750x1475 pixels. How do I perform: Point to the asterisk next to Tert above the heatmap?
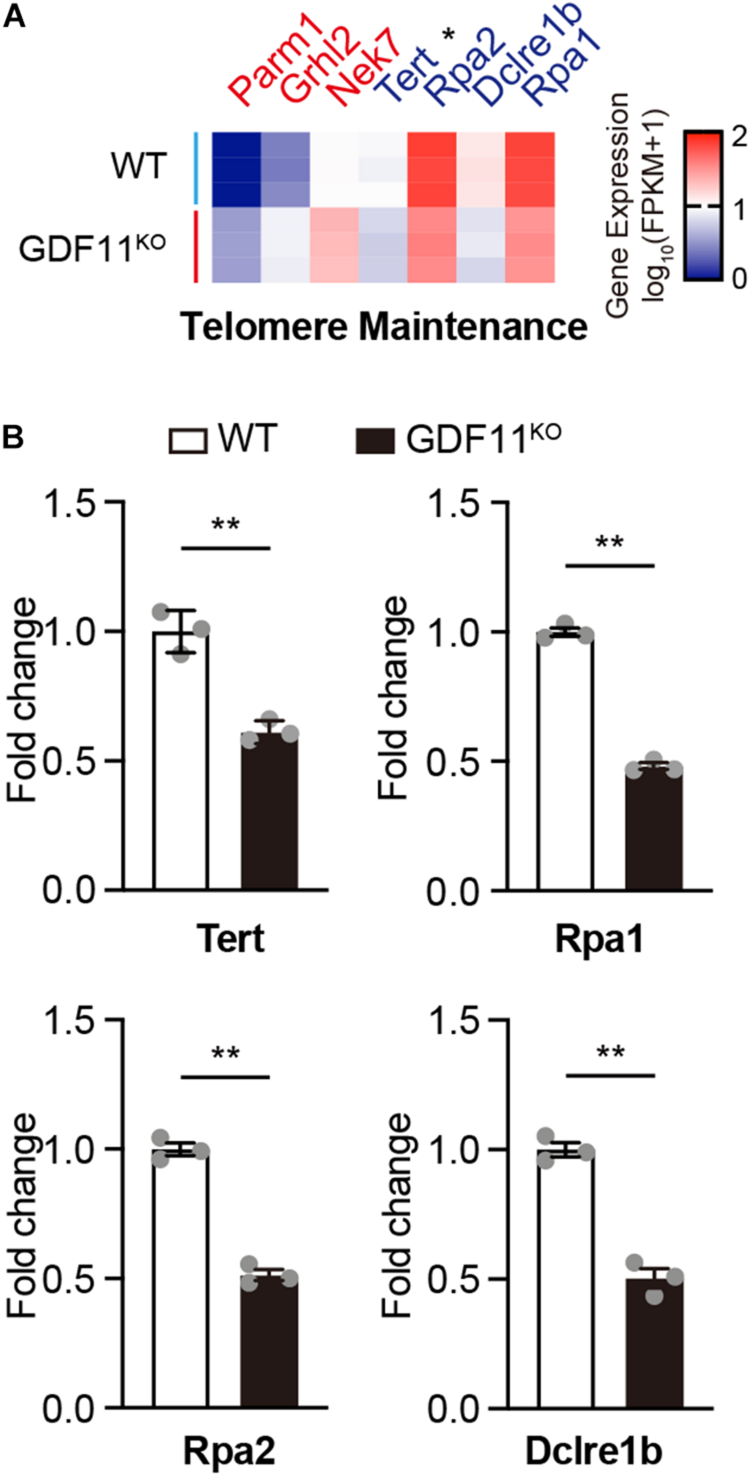tap(448, 35)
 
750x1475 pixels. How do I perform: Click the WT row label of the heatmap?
tap(139, 166)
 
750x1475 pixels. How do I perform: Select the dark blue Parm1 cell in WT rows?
tap(237, 169)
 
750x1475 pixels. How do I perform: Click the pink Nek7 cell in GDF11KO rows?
tap(335, 245)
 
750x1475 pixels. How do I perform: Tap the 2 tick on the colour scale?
tap(738, 137)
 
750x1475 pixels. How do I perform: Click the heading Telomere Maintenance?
tap(384, 326)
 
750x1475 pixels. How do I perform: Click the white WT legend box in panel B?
tap(188, 441)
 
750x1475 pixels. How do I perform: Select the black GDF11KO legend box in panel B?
tap(375, 441)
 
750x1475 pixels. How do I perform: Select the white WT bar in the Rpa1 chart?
tap(565, 761)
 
